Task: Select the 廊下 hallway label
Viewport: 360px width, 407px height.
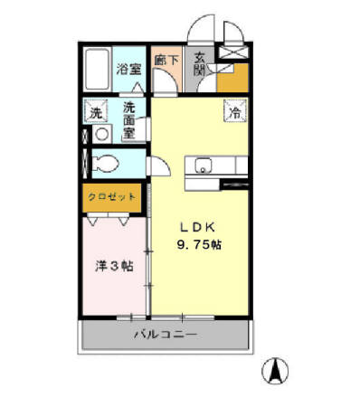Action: coord(165,61)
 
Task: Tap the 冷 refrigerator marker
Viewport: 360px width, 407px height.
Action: coord(233,114)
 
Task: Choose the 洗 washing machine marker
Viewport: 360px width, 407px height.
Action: coord(95,113)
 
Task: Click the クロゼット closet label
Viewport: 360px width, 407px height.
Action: coord(112,196)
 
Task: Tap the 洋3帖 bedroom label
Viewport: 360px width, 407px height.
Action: coord(115,267)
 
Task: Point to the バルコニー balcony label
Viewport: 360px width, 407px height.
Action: coord(166,336)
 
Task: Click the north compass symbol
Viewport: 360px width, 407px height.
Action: coord(277,371)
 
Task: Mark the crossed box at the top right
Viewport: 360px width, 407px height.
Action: coord(232,52)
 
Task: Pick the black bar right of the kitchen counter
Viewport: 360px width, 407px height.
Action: coord(234,184)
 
